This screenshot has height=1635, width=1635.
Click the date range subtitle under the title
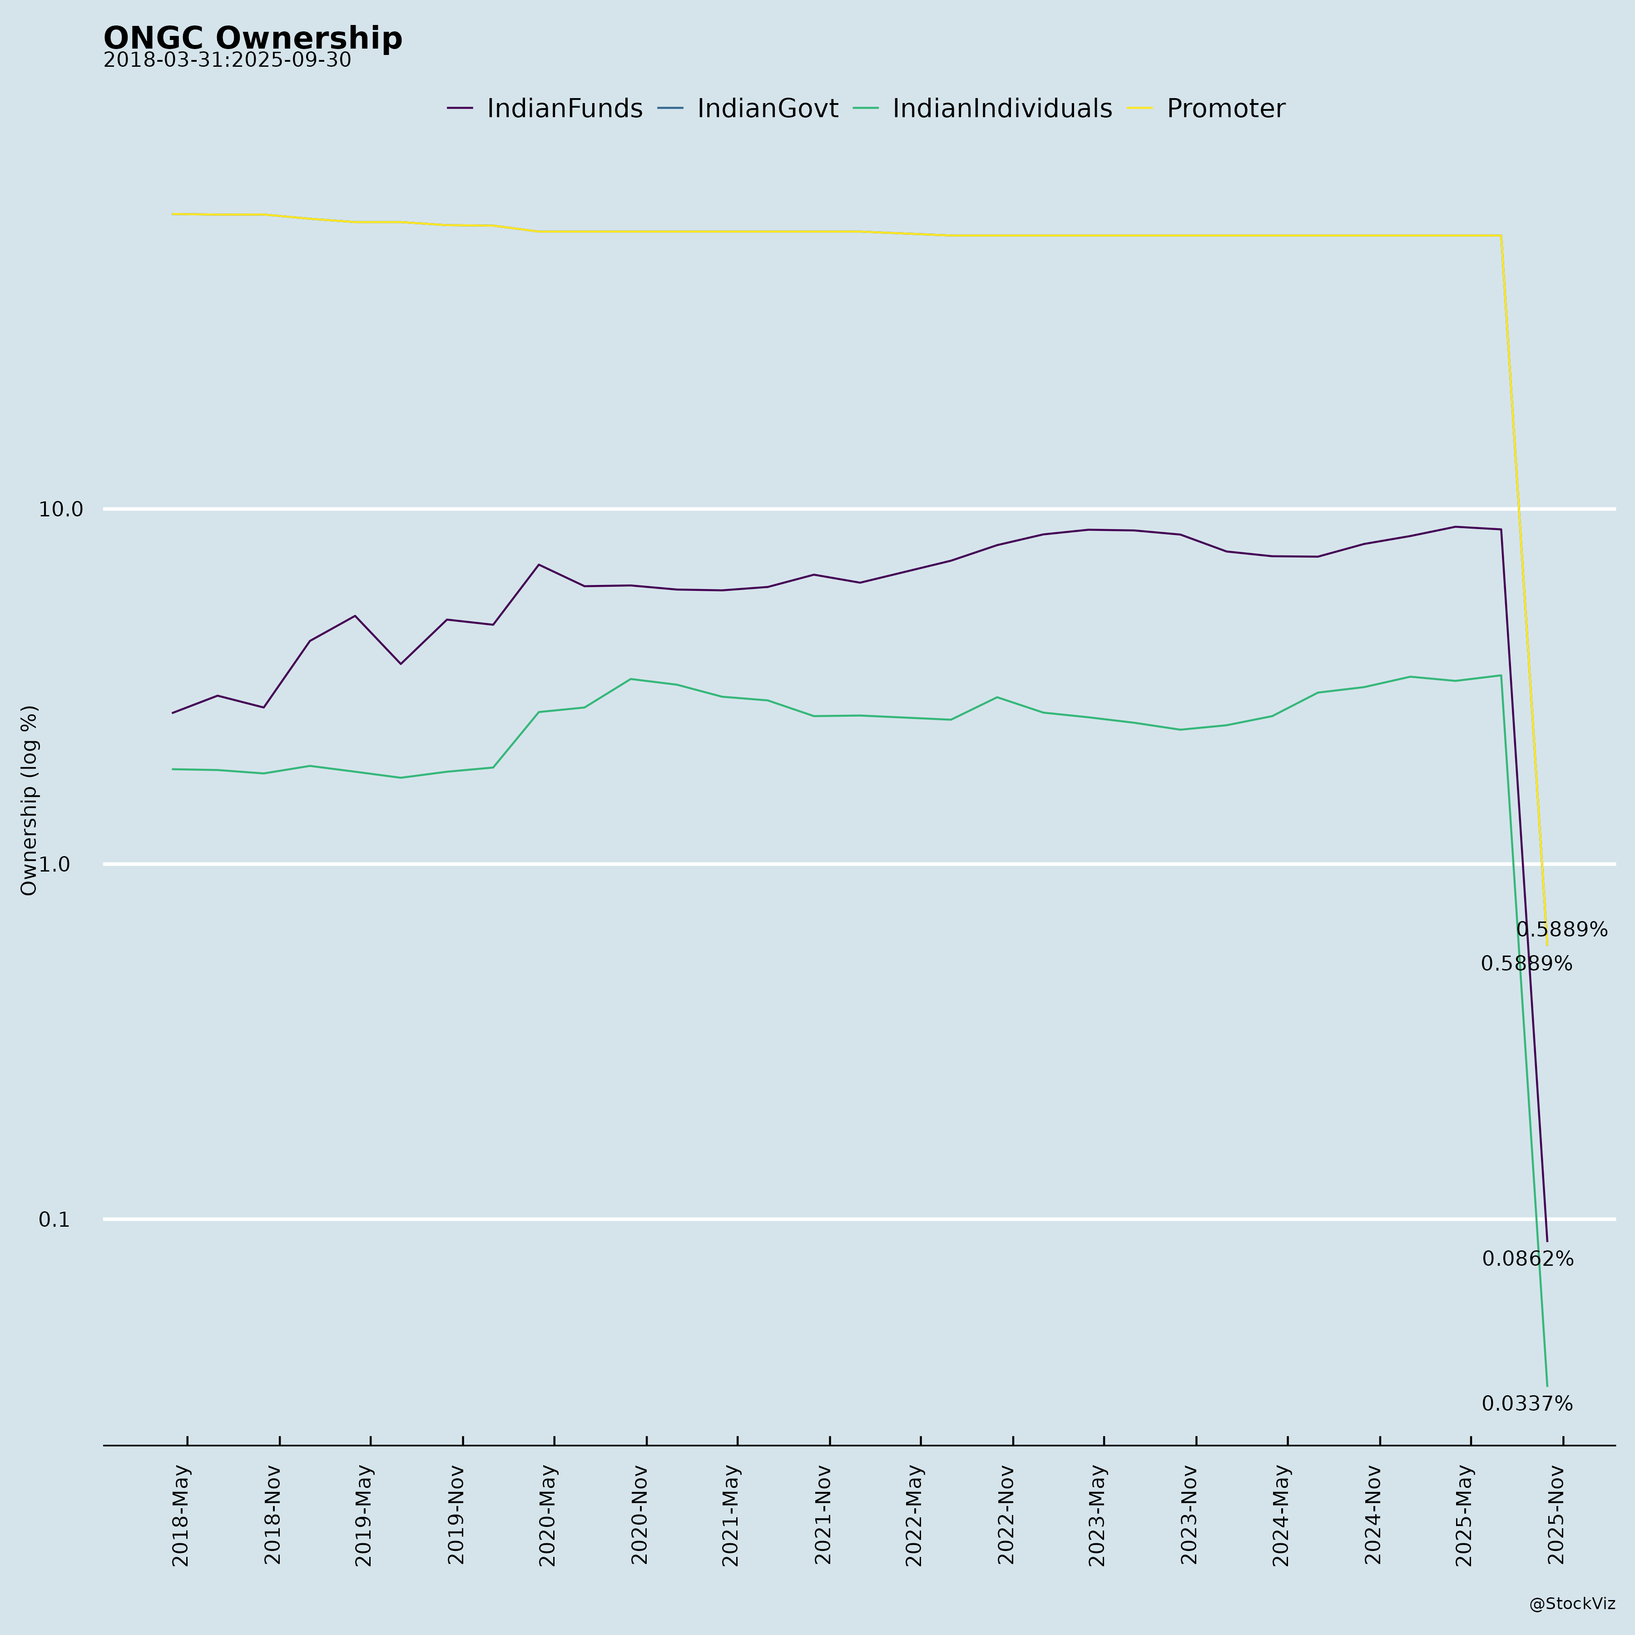point(227,61)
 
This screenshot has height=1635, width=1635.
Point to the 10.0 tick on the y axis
point(61,510)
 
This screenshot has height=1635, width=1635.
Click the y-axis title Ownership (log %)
point(30,800)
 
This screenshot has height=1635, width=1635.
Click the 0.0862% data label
point(1527,1259)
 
